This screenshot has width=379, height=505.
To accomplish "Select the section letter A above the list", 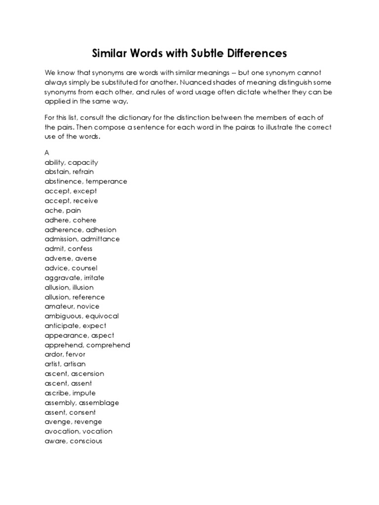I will [x=47, y=153].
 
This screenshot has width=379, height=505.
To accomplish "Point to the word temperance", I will [x=107, y=181].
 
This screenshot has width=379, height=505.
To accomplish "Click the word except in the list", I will [x=84, y=191].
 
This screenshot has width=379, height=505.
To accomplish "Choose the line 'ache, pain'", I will [x=63, y=210].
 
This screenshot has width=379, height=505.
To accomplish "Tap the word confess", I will [x=80, y=249].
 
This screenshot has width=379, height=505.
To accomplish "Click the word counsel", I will [x=84, y=268].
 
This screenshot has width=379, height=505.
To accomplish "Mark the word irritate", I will [x=91, y=278].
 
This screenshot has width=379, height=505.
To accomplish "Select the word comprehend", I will [x=107, y=345].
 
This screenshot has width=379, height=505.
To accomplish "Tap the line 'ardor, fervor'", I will [x=65, y=355].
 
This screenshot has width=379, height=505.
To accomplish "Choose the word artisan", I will [x=75, y=364].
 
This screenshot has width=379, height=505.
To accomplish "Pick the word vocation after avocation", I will [x=97, y=432].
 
